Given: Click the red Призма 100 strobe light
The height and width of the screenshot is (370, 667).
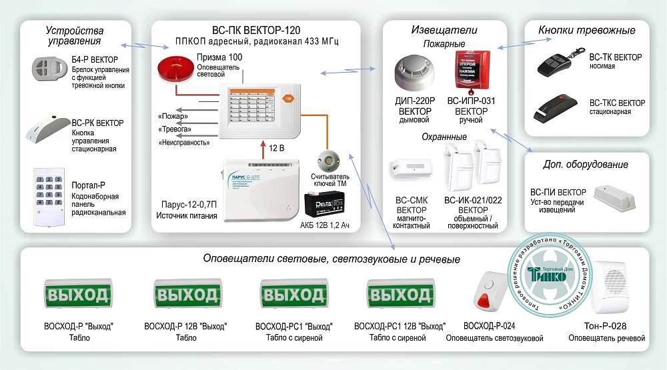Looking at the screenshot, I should tap(174, 70).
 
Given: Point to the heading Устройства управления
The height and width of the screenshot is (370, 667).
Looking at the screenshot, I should tap(75, 36).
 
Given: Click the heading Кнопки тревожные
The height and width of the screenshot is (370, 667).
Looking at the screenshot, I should tap(586, 30).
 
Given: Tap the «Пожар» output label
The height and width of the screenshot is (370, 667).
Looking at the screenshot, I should tap(172, 116).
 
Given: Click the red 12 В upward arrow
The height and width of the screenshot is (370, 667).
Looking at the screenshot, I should tap(261, 147).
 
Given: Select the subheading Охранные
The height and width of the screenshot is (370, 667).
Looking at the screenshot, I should tap(444, 137).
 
